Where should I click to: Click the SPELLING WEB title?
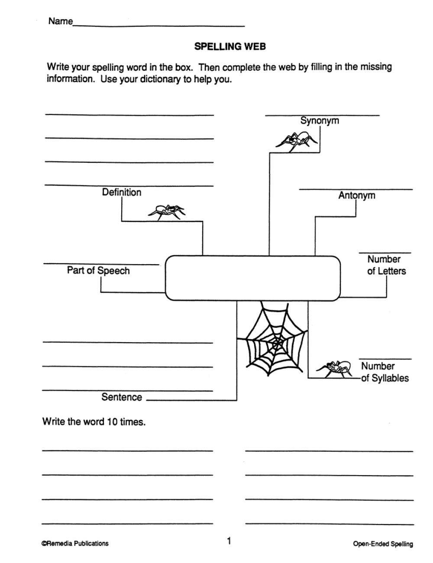pos(229,46)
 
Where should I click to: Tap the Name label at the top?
pos(61,21)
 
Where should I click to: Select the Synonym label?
pos(320,120)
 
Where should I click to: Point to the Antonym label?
pos(357,195)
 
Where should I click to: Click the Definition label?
pos(122,192)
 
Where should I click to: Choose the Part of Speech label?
pos(98,271)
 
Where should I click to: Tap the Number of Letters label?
pos(386,265)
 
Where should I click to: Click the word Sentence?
pos(122,397)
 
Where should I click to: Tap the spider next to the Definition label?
pos(167,211)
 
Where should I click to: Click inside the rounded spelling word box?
pos(253,278)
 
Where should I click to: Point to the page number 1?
pos(229,540)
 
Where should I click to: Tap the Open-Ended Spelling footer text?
pos(383,544)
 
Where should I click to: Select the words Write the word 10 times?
pos(94,422)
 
